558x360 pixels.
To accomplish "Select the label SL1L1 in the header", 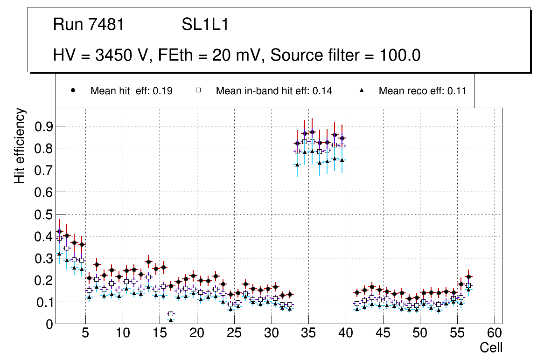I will (x=205, y=25).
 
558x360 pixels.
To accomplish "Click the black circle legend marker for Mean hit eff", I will (x=73, y=90).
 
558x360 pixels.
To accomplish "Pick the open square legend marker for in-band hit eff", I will (x=198, y=90).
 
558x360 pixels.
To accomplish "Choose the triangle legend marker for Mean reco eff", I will (x=362, y=90).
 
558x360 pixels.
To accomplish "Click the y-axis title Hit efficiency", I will (x=20, y=145).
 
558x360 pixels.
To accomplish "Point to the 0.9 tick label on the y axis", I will (x=43, y=126).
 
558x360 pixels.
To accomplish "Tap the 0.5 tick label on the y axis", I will (x=43, y=215).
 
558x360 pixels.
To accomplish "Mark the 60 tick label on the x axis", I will (x=495, y=333).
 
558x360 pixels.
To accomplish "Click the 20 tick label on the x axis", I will (x=197, y=333).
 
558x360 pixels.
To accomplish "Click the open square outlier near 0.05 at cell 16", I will (x=171, y=314).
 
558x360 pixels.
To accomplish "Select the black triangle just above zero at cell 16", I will (x=171, y=320).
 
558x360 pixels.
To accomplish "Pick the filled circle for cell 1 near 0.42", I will (x=59, y=231).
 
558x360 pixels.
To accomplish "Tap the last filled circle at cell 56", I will (x=469, y=277).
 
